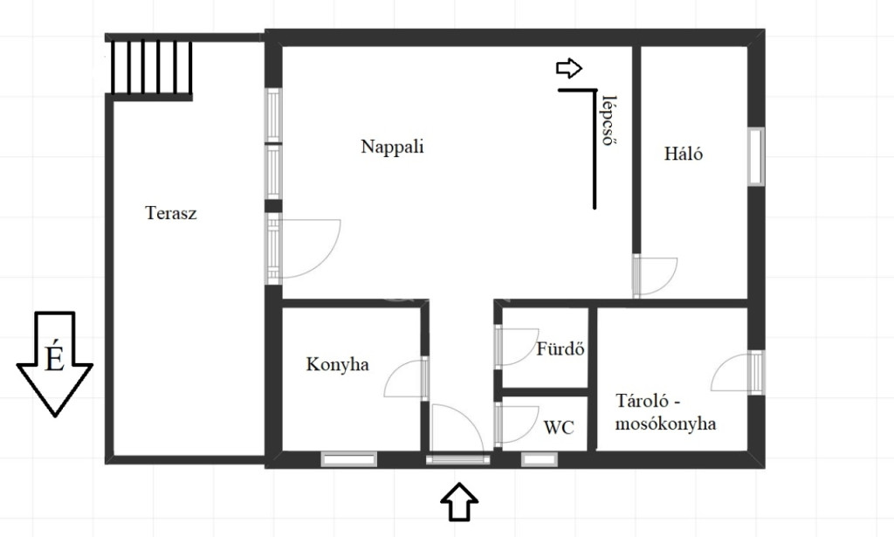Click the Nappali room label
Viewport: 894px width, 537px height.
(x=392, y=147)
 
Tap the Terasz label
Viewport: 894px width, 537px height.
(x=171, y=213)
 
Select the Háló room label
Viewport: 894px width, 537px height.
(x=683, y=154)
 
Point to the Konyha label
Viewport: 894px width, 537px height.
(x=338, y=364)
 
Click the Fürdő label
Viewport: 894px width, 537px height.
(x=560, y=348)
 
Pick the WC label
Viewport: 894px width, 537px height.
(x=559, y=428)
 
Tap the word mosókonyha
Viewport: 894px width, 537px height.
(x=666, y=424)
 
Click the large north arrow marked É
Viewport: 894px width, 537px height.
(x=55, y=364)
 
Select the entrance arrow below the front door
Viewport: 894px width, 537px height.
(x=459, y=502)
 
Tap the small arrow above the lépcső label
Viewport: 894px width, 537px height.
(x=569, y=68)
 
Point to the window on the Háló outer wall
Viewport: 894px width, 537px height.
(x=757, y=156)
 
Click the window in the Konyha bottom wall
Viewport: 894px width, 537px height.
(x=349, y=459)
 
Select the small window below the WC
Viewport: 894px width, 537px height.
(x=540, y=459)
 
